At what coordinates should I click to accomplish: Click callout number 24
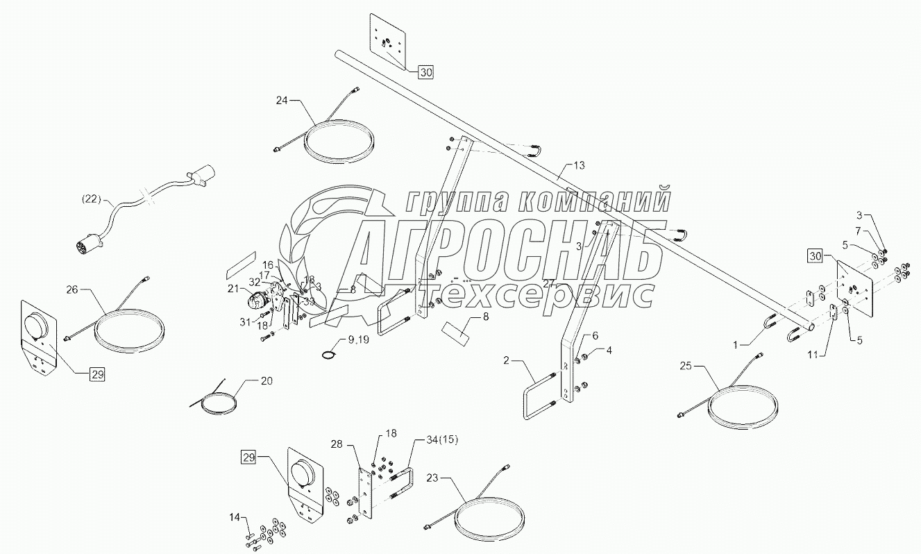(281, 101)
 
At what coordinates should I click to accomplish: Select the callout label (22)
(90, 201)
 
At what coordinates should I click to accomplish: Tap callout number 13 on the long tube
(580, 165)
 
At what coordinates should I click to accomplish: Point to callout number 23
(432, 478)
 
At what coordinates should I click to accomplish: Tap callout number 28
(337, 444)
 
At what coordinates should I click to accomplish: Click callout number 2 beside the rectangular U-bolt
(507, 360)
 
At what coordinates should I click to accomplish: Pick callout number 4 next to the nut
(609, 351)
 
